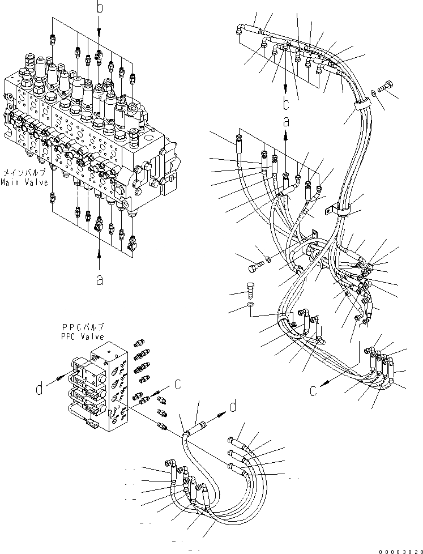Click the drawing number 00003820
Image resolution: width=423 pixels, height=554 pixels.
pos(399,548)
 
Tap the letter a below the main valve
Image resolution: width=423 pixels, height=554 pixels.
pos(100,279)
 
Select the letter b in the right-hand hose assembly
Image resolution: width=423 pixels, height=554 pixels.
pos(287,104)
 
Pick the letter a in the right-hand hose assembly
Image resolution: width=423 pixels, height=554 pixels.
pos(286,121)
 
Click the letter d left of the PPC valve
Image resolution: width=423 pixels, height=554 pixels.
pos(40,389)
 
